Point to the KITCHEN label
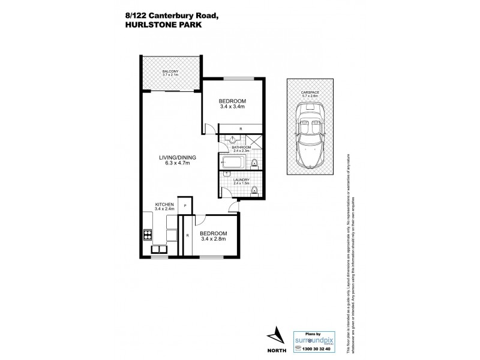(x=164, y=205)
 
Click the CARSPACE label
(x=311, y=92)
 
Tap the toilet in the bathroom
(x=255, y=163)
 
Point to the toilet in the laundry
(x=255, y=191)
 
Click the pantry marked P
(x=185, y=206)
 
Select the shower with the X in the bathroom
(x=254, y=142)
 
